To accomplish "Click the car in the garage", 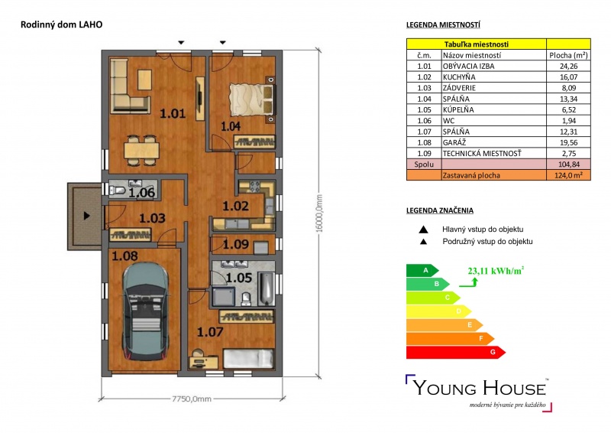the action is click(146, 311).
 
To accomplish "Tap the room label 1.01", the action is click(173, 114).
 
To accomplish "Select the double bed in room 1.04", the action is click(252, 100).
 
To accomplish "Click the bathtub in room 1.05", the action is click(267, 289).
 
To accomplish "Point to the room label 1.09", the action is click(236, 244).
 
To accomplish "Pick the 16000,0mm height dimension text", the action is click(319, 213).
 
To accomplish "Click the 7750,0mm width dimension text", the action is click(192, 399).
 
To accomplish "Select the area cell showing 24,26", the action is click(568, 66).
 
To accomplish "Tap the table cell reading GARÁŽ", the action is click(454, 142).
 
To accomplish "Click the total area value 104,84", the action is click(568, 164).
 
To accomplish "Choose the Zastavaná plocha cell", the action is click(471, 175).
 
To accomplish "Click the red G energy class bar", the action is click(455, 352).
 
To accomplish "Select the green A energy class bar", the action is click(422, 270).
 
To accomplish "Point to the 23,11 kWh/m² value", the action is click(496, 271).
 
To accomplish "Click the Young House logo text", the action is click(480, 388).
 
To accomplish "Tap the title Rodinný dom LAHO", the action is click(62, 24).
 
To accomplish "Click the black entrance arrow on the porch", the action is click(87, 216).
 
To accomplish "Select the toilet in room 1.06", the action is click(118, 190).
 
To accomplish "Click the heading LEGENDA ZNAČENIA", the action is click(440, 210).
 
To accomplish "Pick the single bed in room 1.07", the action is click(248, 359).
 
